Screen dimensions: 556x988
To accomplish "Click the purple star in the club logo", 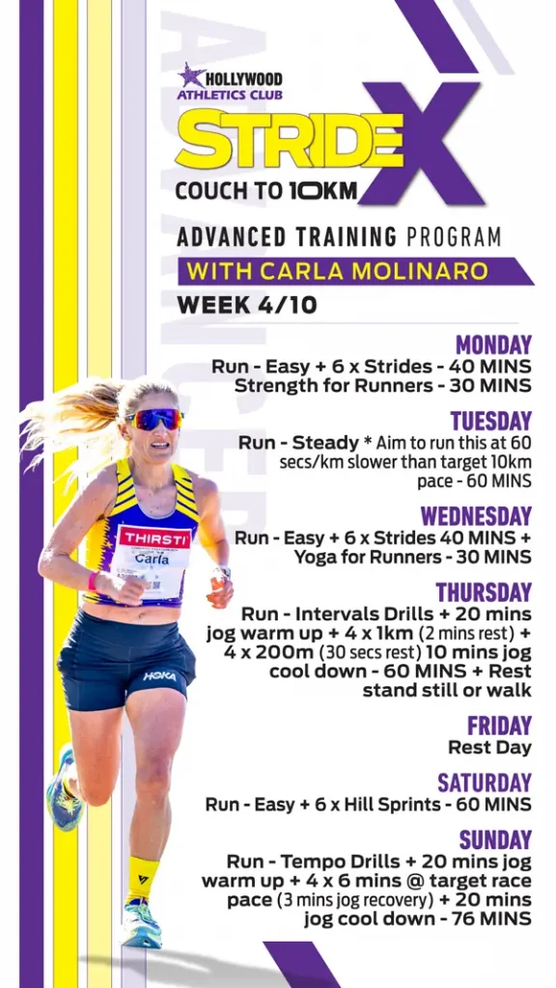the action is coord(191,75).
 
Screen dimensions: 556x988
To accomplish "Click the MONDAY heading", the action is coord(493,344).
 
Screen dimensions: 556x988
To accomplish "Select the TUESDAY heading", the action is coord(491,421).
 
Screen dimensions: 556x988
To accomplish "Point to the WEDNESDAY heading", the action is coord(477,516).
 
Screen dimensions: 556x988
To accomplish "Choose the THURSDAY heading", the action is coord(485,592).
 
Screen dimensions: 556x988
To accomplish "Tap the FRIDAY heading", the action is coord(500,726).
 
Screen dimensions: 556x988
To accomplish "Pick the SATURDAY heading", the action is coord(485,782).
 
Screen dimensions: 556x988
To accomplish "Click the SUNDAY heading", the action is coord(495,840).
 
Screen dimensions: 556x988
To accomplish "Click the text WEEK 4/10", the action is coord(247,305).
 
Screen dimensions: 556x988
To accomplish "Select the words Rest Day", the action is coord(489,748).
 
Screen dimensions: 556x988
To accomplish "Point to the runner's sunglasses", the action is coord(154,419).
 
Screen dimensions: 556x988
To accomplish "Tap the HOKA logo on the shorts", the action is coord(159,676).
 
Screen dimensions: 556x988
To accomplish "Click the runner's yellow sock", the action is coord(142,878).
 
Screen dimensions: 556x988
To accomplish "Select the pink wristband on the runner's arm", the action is coord(93,580).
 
